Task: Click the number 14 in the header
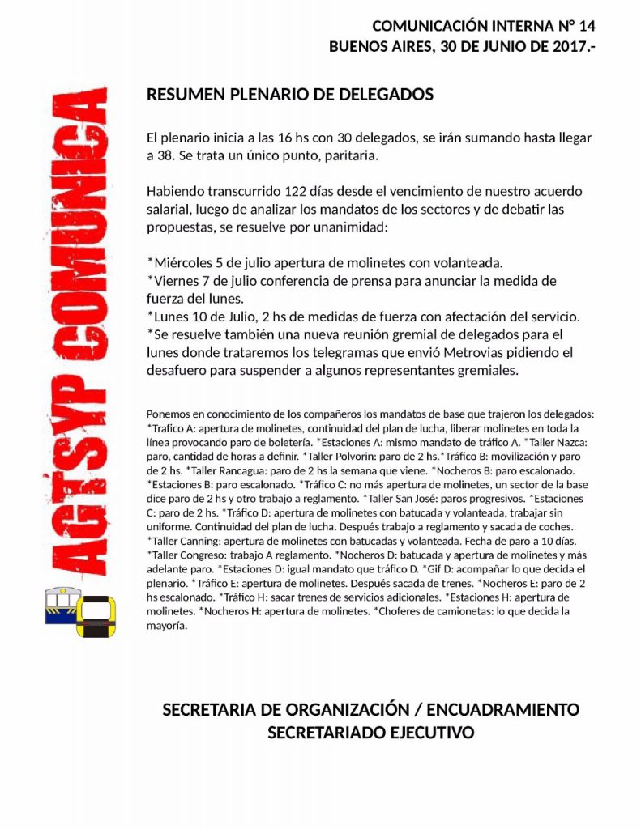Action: click(586, 27)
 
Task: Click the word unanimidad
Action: click(348, 227)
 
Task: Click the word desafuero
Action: click(181, 371)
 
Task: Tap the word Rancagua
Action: click(248, 470)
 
